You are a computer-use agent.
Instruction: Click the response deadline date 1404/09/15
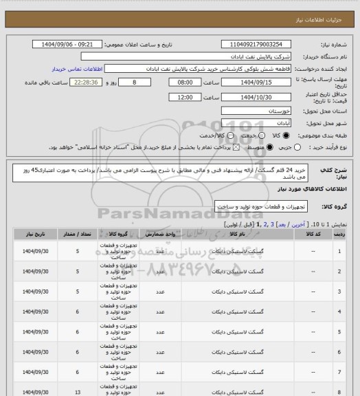(x=256, y=82)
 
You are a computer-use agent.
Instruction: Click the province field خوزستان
(x=256, y=110)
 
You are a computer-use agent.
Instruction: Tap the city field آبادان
(x=256, y=122)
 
